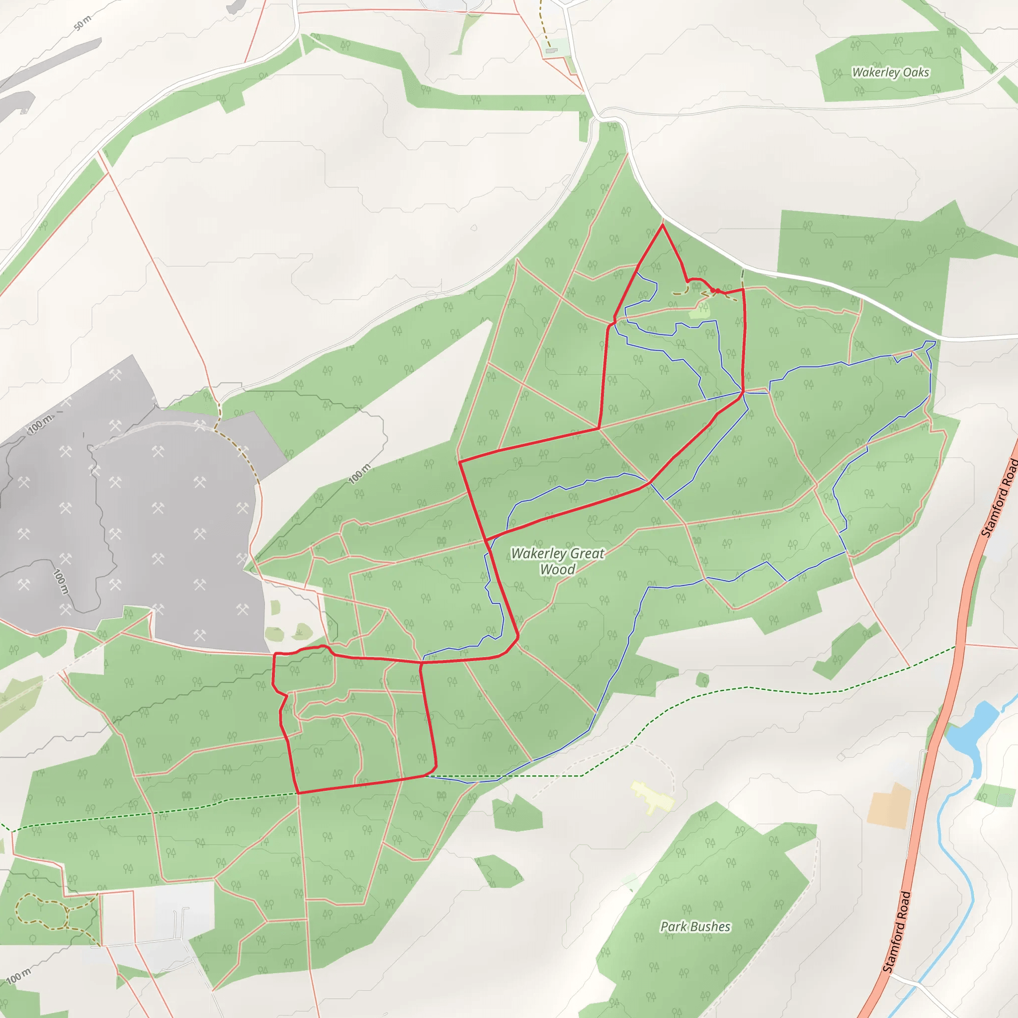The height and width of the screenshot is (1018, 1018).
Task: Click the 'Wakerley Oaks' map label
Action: (890, 72)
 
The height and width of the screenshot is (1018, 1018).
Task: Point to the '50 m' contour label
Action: (82, 23)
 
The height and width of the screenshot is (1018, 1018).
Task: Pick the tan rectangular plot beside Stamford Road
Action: (889, 805)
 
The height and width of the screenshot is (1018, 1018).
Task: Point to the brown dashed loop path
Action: (42, 911)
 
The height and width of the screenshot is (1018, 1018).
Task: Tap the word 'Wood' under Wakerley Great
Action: (558, 570)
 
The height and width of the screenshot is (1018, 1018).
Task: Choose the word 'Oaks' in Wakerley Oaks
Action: (916, 72)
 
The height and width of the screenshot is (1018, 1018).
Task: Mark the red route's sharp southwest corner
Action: (298, 792)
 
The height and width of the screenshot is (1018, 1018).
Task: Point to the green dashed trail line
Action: (738, 688)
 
